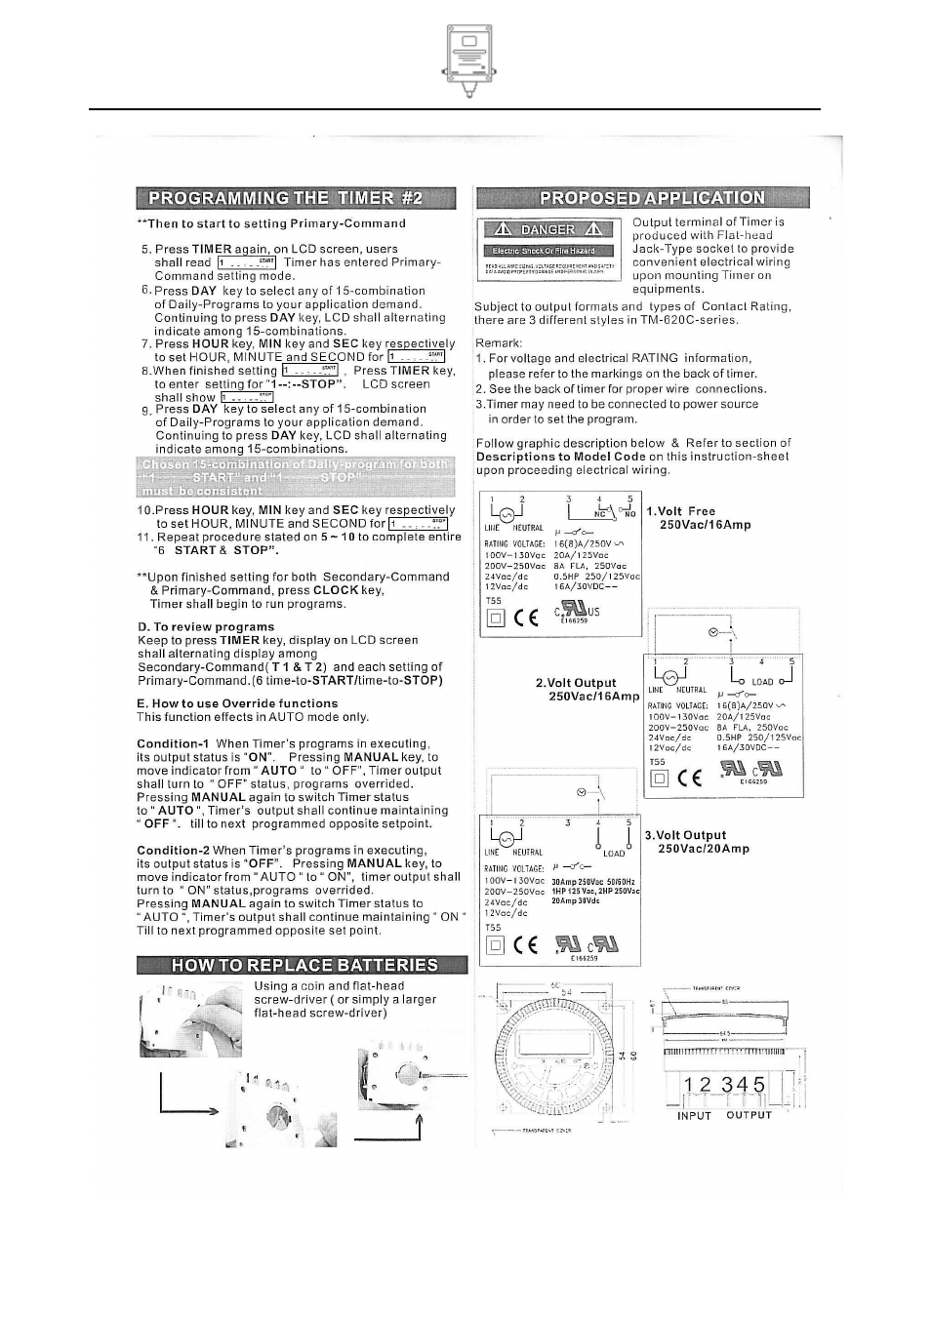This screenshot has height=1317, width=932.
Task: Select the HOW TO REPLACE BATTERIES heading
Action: (x=304, y=965)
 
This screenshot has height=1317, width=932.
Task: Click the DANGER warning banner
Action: (x=547, y=229)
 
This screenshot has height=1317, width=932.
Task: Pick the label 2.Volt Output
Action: (x=576, y=683)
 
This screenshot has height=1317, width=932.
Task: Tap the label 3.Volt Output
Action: (x=691, y=835)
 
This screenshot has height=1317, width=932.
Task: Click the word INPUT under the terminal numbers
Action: (x=694, y=1115)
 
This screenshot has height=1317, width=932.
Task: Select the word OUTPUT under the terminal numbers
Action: (x=749, y=1115)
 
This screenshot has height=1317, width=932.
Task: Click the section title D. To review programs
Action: (x=206, y=627)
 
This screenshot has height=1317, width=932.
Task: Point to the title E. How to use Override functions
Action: (x=237, y=703)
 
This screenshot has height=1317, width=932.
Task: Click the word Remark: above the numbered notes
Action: (x=499, y=342)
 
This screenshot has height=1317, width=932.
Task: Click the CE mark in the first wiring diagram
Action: (x=526, y=618)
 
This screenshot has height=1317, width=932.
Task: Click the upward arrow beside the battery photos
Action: (x=420, y=1127)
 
